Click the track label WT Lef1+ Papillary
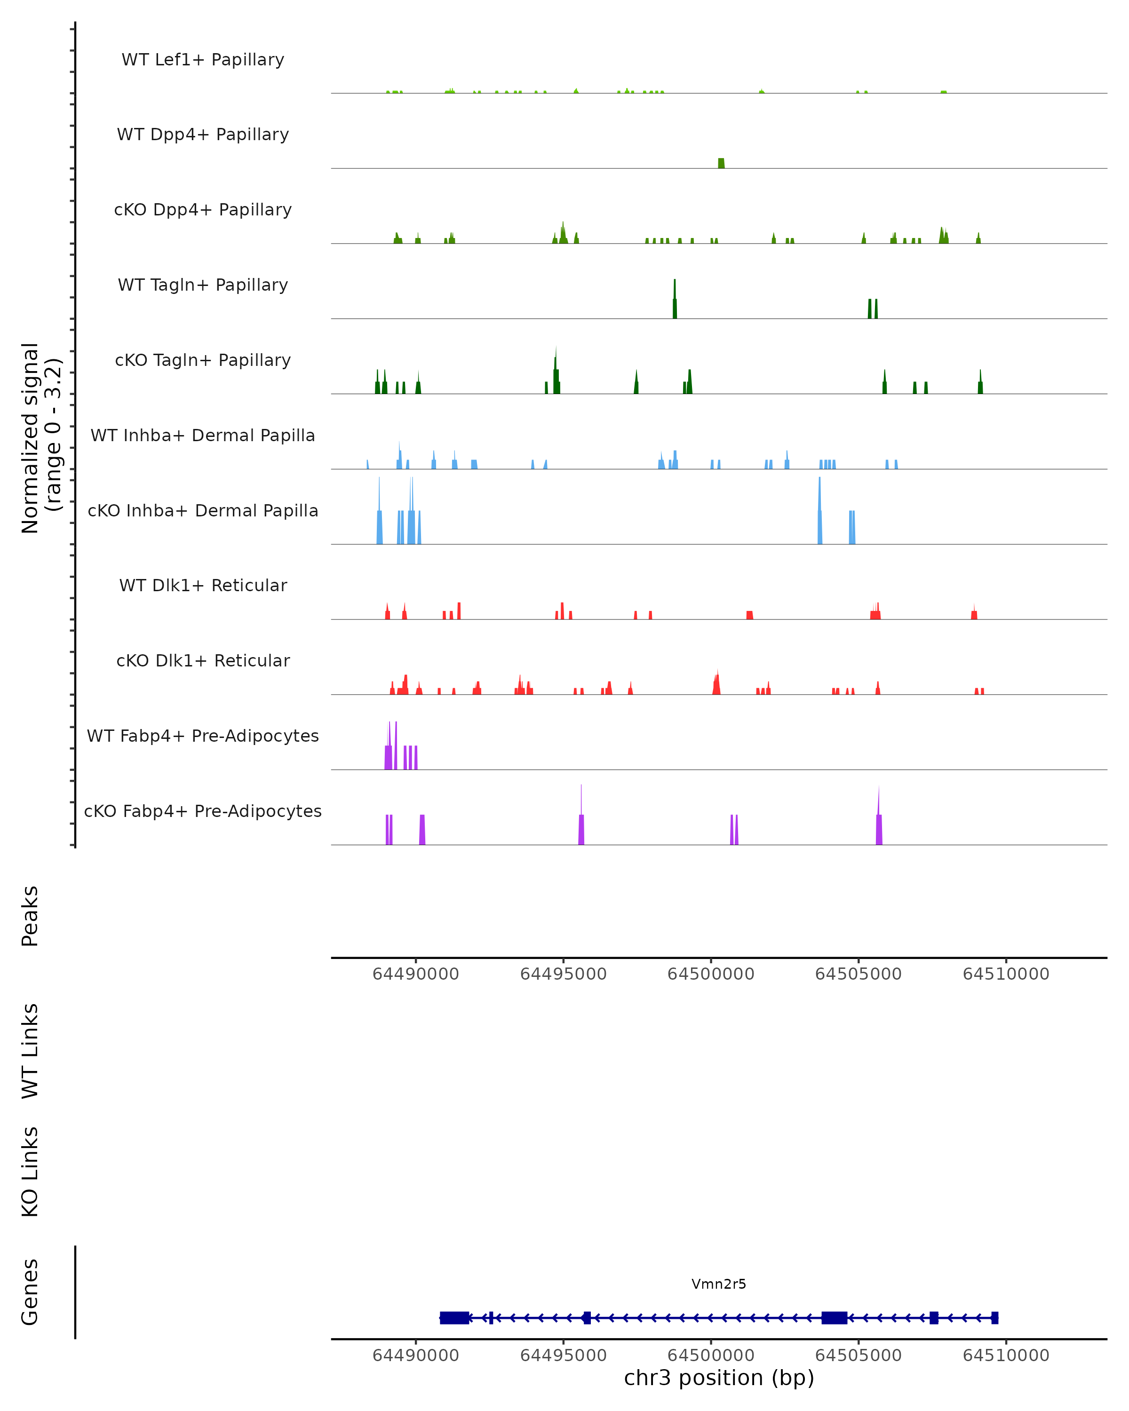(203, 60)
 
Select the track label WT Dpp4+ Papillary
(203, 135)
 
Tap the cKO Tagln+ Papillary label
(203, 361)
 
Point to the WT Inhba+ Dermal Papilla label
(203, 436)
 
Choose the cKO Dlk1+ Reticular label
(203, 661)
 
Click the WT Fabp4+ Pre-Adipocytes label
(203, 736)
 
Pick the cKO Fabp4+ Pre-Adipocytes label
(203, 811)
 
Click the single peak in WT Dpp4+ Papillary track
(721, 164)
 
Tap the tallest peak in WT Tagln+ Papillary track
(675, 301)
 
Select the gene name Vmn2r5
(719, 1284)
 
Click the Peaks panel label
(30, 916)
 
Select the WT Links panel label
(30, 1051)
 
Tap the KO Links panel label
(30, 1173)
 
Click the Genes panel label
(30, 1292)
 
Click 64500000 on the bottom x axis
(711, 1356)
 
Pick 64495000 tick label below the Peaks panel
(563, 974)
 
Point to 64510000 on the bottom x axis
(1006, 1356)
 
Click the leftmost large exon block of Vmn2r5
(454, 1318)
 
